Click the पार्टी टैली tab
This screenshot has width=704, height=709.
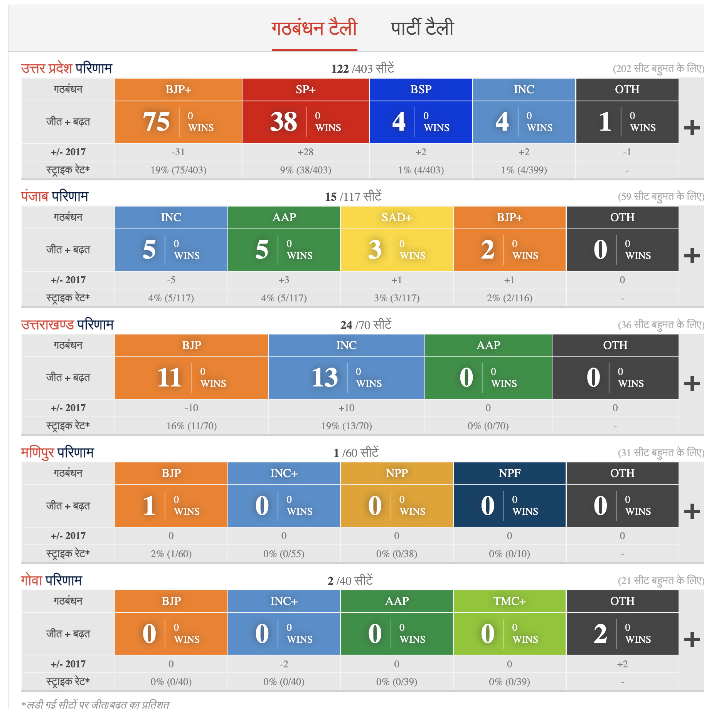click(x=422, y=28)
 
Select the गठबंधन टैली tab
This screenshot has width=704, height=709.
click(x=314, y=28)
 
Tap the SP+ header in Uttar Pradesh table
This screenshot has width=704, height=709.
click(x=305, y=89)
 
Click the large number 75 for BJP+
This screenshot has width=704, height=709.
click(x=156, y=122)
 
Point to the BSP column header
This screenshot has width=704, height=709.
click(x=421, y=89)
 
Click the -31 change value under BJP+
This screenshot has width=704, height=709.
click(x=178, y=152)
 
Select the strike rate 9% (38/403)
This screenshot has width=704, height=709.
click(x=305, y=170)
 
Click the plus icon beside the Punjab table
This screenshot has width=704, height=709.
click(x=692, y=256)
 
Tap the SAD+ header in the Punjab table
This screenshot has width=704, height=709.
click(x=397, y=217)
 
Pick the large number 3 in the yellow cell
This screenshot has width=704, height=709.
click(x=375, y=250)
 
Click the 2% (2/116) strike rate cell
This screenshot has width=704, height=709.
click(x=509, y=298)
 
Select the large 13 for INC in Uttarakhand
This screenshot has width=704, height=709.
click(x=325, y=378)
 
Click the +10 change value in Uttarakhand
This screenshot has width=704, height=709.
click(x=346, y=408)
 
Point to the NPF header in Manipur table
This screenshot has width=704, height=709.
click(x=509, y=473)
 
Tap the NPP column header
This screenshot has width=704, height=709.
click(x=397, y=473)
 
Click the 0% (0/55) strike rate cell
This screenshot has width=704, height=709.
click(x=284, y=554)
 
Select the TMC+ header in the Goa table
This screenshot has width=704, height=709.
click(x=509, y=601)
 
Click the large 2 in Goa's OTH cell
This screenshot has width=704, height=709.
click(x=600, y=634)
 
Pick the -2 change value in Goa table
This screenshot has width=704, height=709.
click(x=284, y=664)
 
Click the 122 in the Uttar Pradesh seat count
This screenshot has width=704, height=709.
click(x=340, y=69)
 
